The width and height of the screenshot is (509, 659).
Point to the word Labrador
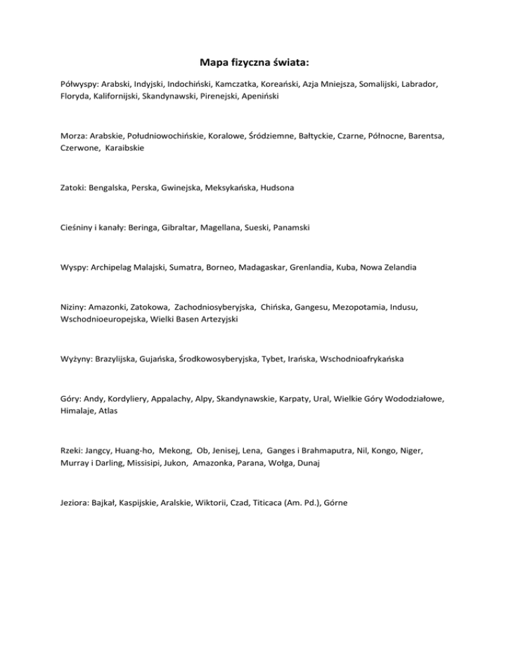(x=425, y=86)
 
